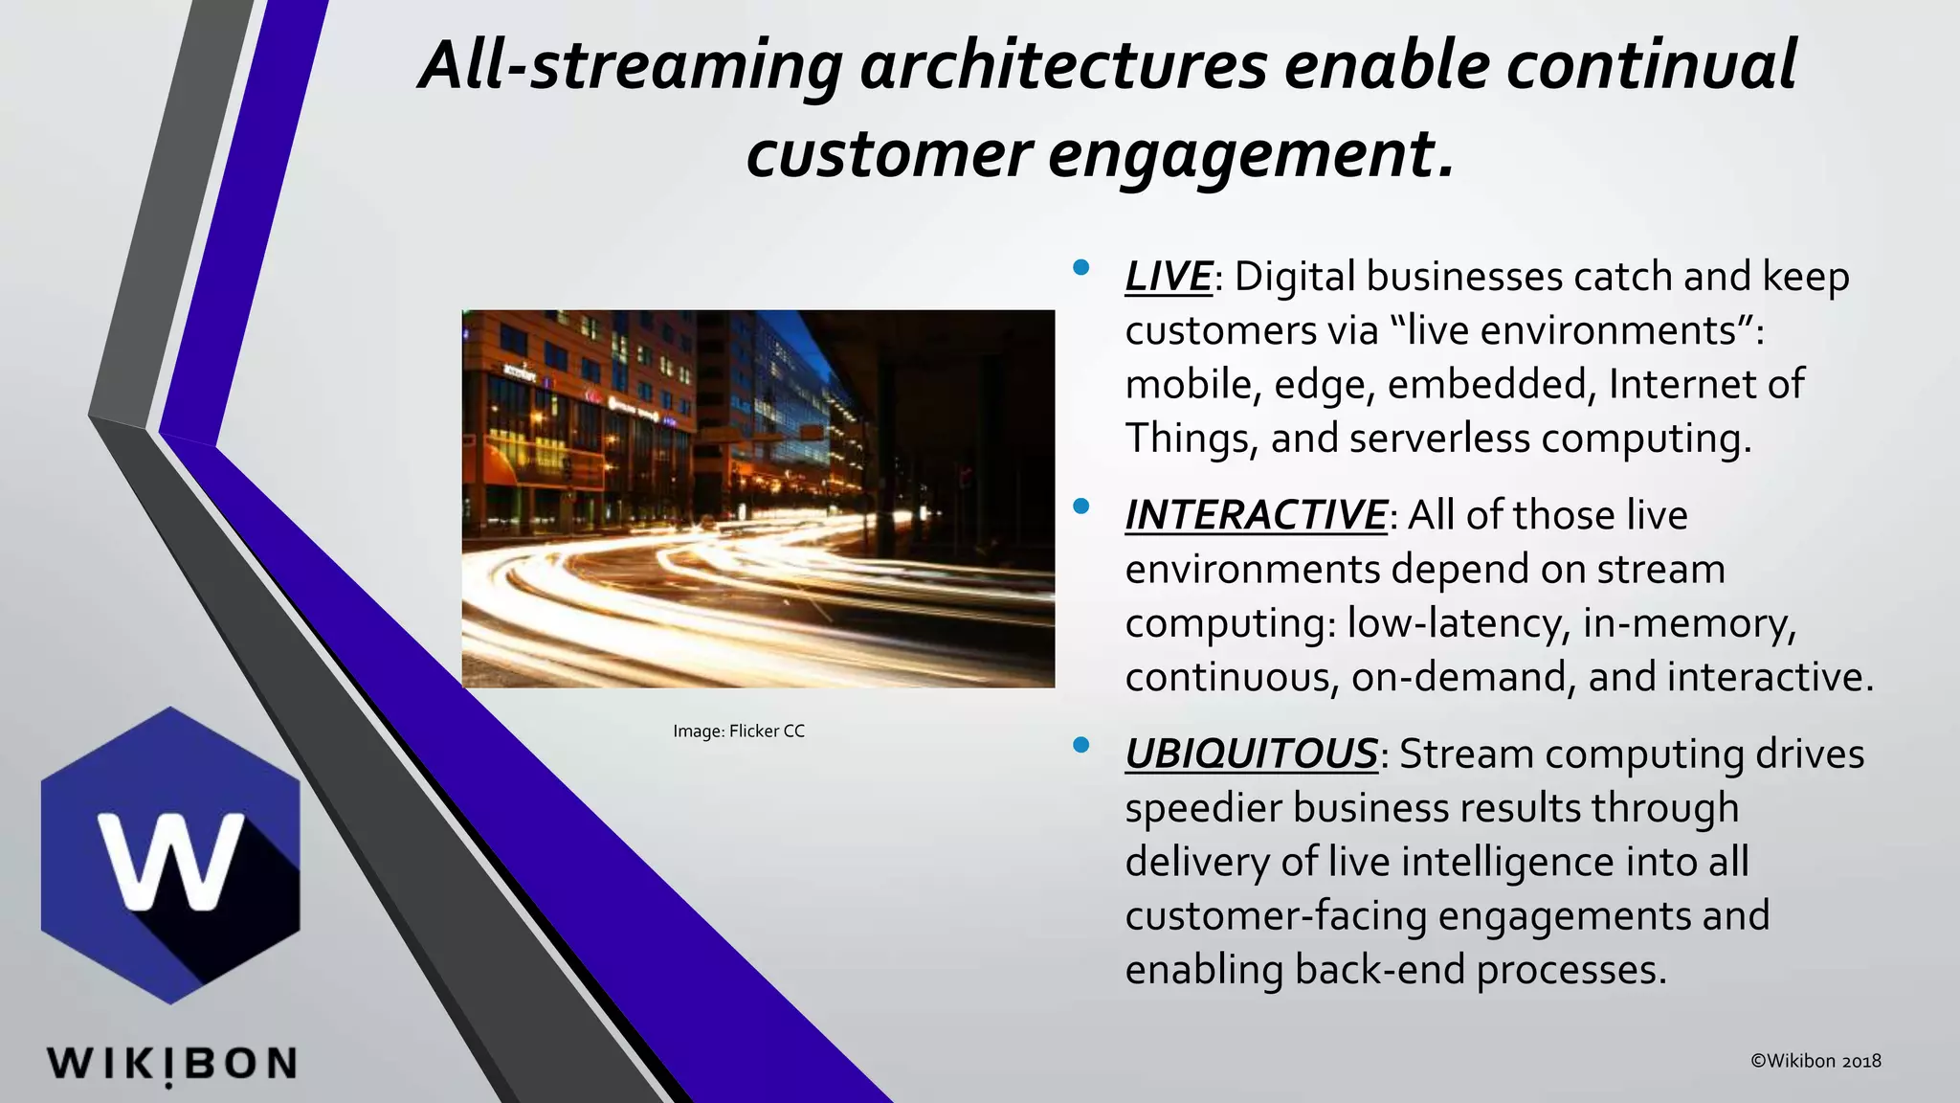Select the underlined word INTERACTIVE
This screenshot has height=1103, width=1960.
pyautogui.click(x=1255, y=515)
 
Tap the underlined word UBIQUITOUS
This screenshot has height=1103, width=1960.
pyautogui.click(x=1250, y=754)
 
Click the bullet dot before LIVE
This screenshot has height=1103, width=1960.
pyautogui.click(x=1081, y=268)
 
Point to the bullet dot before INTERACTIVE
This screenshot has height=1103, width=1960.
pyautogui.click(x=1081, y=506)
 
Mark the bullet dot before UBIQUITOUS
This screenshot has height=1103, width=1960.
pyautogui.click(x=1081, y=745)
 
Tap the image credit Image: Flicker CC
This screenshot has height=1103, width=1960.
pyautogui.click(x=738, y=732)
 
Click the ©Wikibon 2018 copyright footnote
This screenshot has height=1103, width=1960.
pyautogui.click(x=1815, y=1061)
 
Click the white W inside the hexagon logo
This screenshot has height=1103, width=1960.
pyautogui.click(x=172, y=860)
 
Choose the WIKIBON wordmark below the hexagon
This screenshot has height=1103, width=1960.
pyautogui.click(x=171, y=1064)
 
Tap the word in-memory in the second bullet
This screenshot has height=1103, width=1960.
pyautogui.click(x=1689, y=623)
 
